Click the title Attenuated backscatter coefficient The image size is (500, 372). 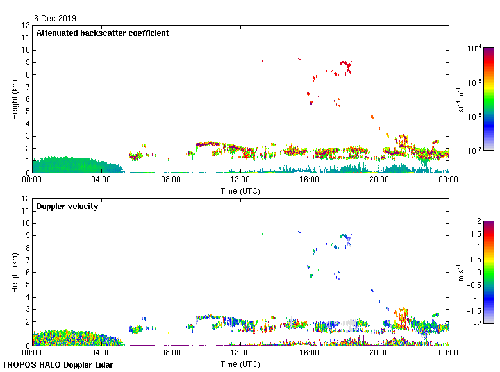click(103, 33)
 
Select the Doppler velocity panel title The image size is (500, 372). click(67, 207)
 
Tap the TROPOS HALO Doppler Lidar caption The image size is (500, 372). click(58, 365)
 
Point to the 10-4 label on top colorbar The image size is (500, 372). click(475, 48)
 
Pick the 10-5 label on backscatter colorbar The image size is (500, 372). click(475, 82)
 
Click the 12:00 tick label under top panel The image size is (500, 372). click(240, 180)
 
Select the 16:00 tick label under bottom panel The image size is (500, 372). click(309, 353)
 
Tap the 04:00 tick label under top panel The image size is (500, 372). click(101, 180)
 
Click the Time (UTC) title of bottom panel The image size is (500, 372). click(240, 364)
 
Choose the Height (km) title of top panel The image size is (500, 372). click(15, 99)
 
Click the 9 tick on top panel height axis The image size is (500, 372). click(27, 62)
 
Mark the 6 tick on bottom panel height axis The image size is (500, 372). click(27, 272)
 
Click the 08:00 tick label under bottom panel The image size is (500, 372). click(171, 353)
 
